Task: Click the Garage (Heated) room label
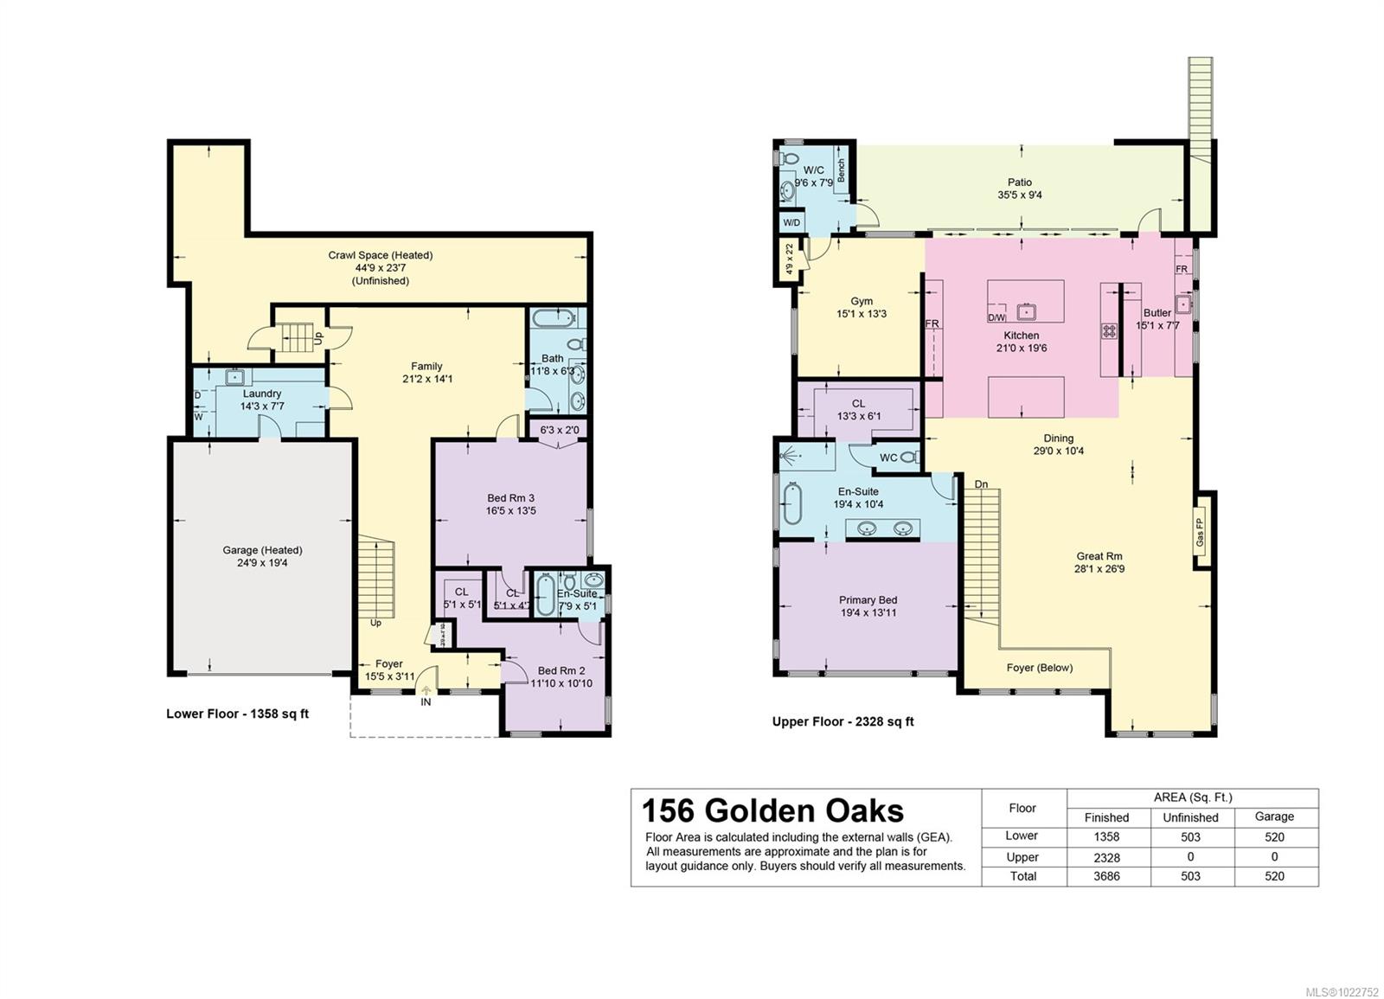(262, 550)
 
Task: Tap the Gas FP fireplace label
(1200, 529)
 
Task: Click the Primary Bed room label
(868, 600)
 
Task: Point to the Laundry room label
(261, 394)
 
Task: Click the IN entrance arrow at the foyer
(426, 690)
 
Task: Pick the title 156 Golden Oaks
(772, 810)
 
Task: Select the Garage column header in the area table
(1274, 816)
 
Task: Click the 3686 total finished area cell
(1106, 876)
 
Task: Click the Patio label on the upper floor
(1019, 183)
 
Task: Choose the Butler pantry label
(1157, 313)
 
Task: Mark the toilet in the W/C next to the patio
(788, 159)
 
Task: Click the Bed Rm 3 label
(510, 498)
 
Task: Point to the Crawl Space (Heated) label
(380, 255)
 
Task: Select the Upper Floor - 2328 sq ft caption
(843, 721)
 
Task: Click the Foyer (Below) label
(1039, 668)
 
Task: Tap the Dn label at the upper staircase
(981, 484)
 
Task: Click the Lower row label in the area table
(1022, 836)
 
